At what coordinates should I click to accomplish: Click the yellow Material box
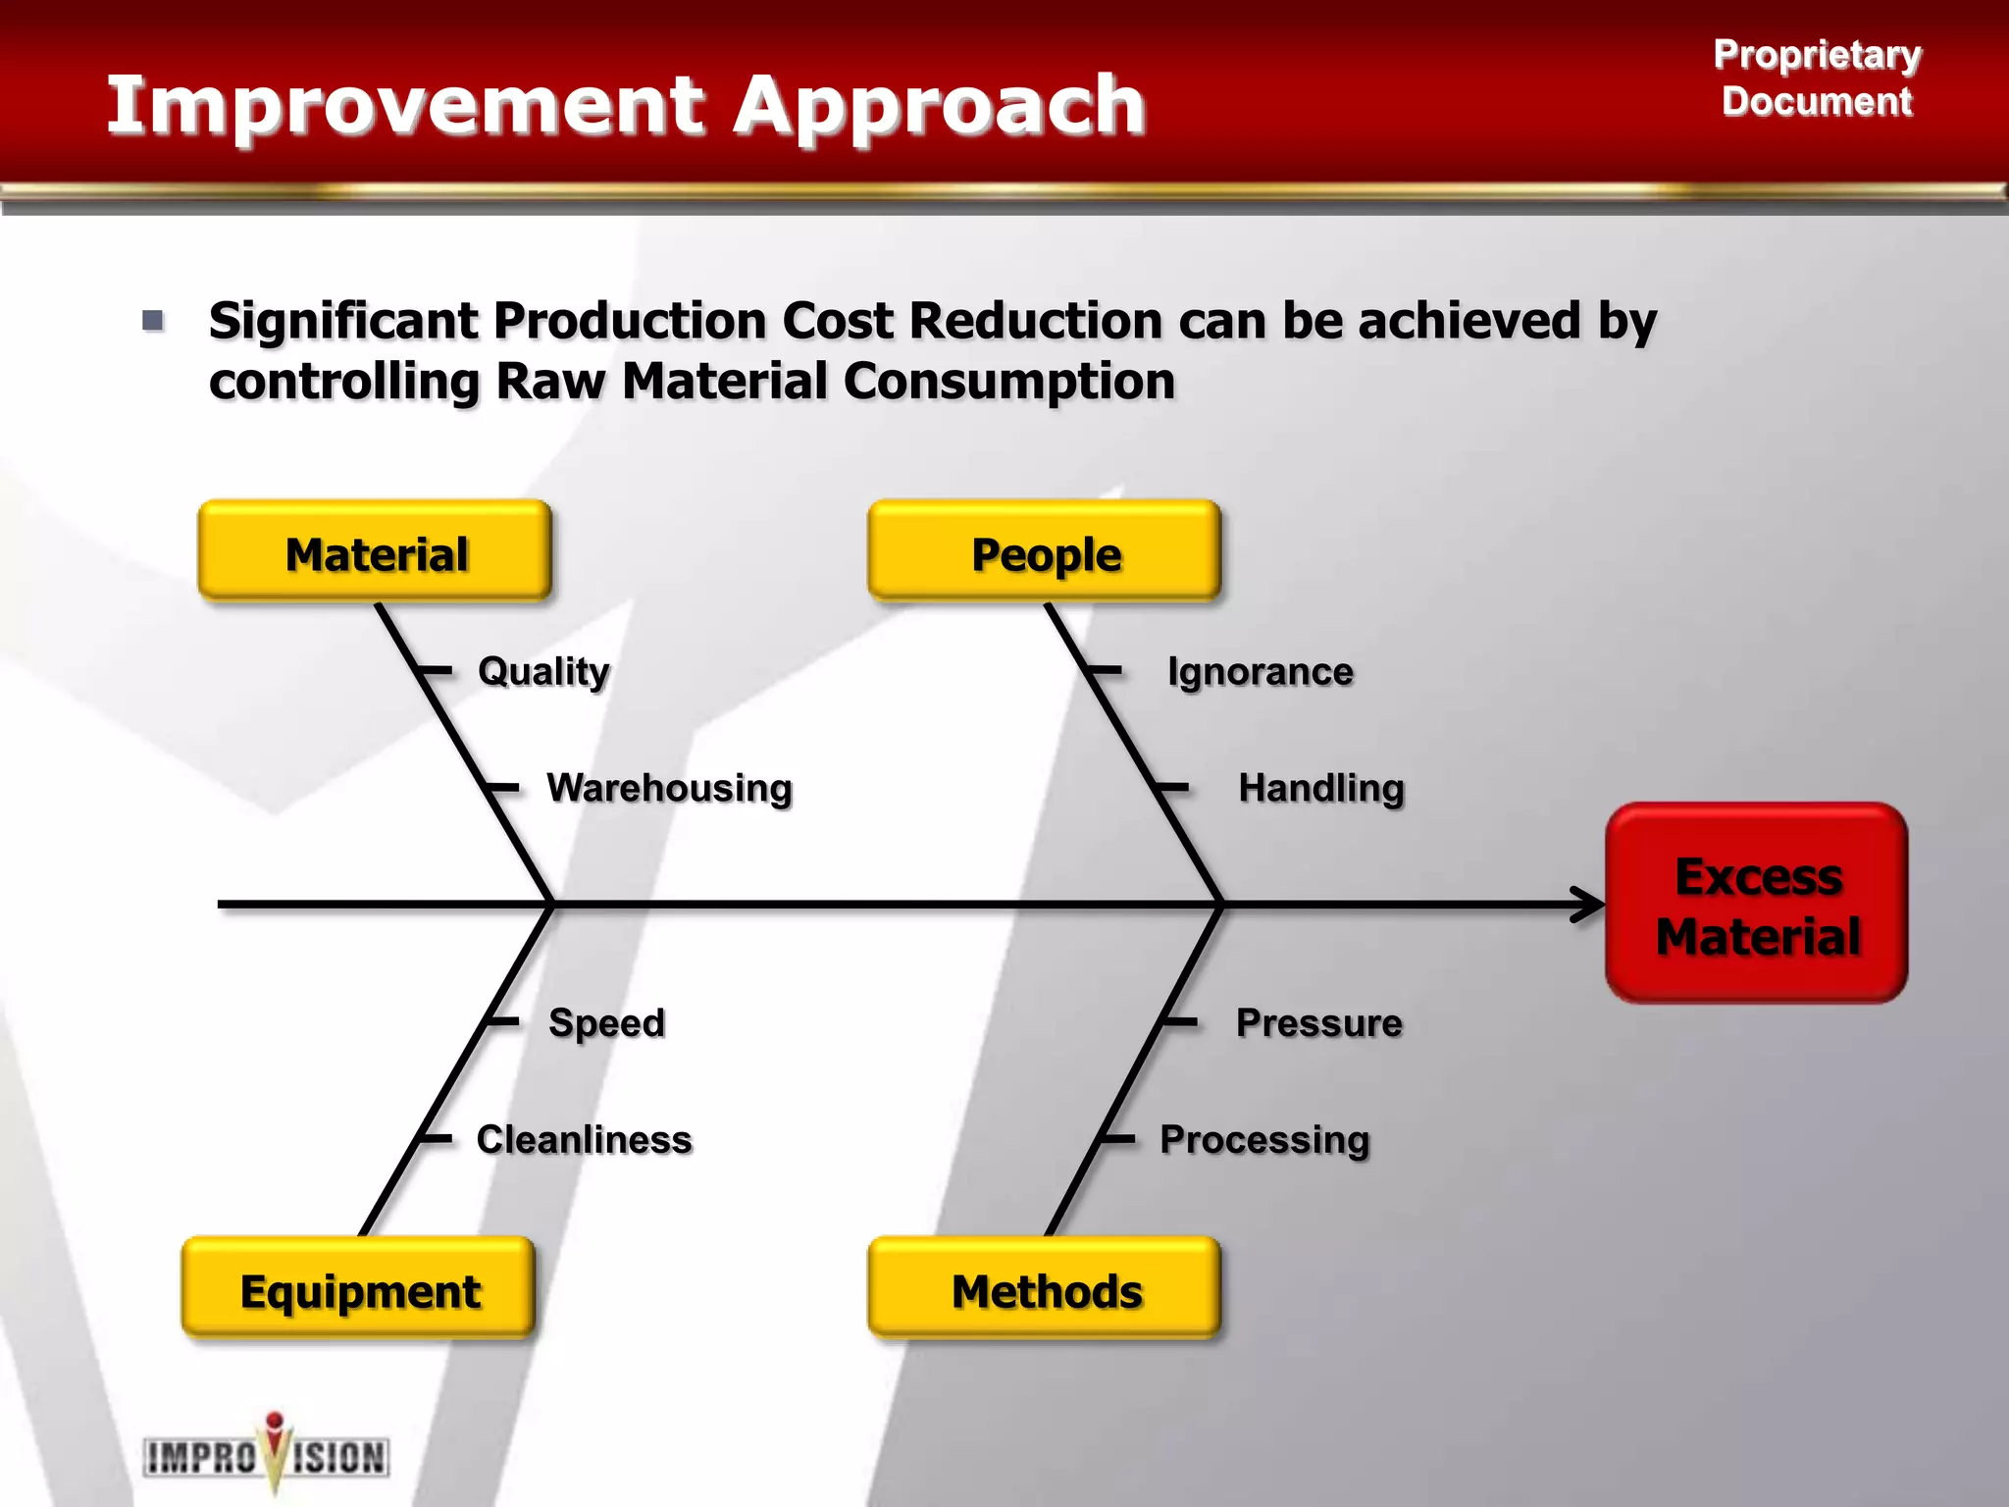coord(375,551)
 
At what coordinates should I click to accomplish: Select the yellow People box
coord(1045,551)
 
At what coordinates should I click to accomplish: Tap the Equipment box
coord(359,1288)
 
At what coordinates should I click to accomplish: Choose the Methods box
coord(1045,1288)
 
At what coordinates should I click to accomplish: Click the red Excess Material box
coord(1757,904)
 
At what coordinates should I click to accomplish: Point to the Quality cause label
coord(543,671)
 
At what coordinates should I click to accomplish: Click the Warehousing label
coord(670,788)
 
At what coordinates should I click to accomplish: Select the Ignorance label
coord(1261,671)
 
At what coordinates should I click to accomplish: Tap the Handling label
coord(1321,788)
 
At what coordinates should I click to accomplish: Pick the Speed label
coord(607,1022)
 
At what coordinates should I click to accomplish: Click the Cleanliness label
coord(585,1139)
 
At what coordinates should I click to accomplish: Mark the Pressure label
coord(1319,1022)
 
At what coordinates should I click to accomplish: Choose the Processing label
coord(1264,1139)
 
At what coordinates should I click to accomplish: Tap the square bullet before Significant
coord(153,320)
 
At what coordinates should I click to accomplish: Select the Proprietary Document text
coord(1817,78)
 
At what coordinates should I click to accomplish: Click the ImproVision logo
coord(267,1456)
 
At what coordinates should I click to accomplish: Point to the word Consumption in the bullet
coord(1009,381)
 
